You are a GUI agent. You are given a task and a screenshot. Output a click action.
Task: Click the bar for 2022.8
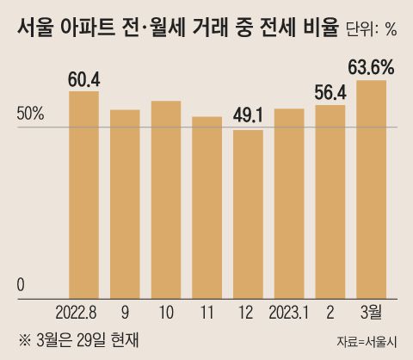coord(83,195)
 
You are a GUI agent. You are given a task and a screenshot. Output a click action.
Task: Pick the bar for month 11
coord(206,208)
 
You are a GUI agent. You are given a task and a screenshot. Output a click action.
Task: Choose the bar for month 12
coord(248,214)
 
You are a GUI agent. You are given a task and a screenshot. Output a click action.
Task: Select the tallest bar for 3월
coord(372,189)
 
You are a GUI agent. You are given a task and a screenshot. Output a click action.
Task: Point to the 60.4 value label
coord(83,79)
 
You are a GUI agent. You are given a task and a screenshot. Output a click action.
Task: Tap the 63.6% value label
coord(372,66)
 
